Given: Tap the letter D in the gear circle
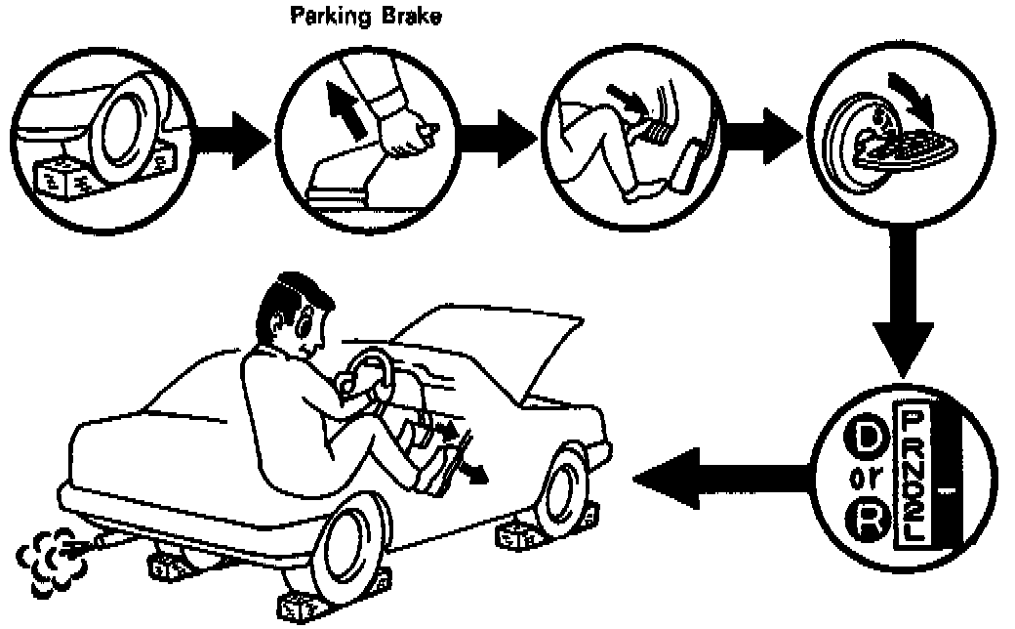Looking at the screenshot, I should pyautogui.click(x=865, y=437).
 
